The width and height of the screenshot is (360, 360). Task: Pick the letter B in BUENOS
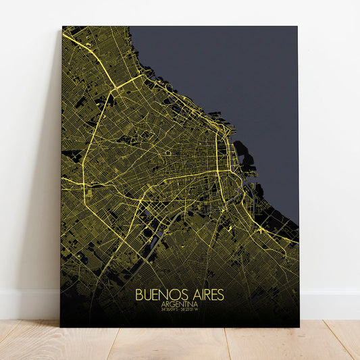[139, 295]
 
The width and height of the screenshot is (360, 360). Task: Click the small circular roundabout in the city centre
[168, 153]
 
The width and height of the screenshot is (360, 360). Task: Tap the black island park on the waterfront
[243, 161]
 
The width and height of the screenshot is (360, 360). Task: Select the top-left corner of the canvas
[63, 27]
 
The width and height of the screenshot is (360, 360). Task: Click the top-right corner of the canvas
[297, 27]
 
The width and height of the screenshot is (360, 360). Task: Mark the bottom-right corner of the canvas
[299, 327]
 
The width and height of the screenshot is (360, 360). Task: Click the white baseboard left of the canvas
[27, 305]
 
